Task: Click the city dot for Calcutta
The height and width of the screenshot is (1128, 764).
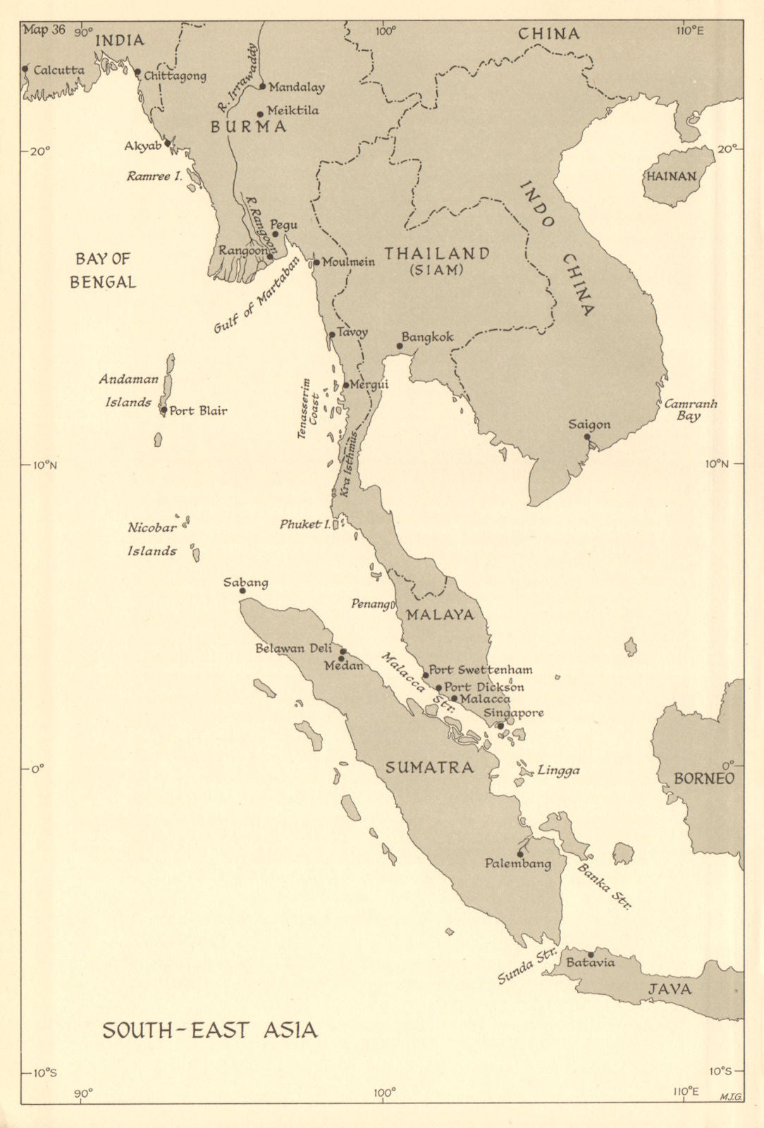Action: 25,69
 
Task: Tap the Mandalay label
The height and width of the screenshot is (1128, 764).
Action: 297,88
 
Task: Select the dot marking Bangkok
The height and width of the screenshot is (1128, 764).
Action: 399,346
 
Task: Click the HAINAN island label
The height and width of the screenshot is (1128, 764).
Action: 671,177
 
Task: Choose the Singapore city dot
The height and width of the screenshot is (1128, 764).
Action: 500,725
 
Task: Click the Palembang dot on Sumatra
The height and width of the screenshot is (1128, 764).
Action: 520,854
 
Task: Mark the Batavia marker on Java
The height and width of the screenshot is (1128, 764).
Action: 591,955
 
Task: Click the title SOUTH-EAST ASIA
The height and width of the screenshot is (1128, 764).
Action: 210,1031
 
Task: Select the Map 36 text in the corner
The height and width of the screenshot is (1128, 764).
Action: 44,30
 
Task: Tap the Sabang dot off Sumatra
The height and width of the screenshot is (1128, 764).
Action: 242,591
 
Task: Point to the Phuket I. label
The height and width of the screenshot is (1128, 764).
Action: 304,525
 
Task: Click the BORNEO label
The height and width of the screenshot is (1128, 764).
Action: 703,779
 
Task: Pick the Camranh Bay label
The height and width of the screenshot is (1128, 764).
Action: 690,410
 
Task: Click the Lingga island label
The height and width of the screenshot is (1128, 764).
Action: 558,771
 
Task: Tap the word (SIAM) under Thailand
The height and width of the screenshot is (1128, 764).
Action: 436,270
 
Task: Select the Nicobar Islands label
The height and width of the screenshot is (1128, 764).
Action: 152,539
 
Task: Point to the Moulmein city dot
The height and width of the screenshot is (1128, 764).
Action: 316,262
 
